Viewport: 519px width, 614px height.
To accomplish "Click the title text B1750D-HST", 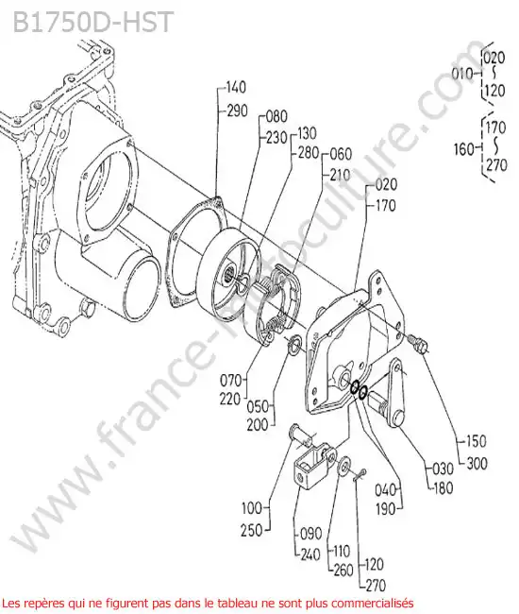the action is tap(92, 22).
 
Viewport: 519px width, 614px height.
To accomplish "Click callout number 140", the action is tap(236, 87).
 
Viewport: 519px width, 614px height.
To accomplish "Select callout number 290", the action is tap(237, 111).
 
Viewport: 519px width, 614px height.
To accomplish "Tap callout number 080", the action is tap(276, 117).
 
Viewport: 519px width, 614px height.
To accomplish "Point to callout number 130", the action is tap(307, 133).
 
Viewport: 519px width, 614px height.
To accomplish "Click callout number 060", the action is tap(341, 154).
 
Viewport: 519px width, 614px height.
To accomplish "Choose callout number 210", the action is tap(340, 175).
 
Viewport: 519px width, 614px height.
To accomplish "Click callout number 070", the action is tap(231, 380).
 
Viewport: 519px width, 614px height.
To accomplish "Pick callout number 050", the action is tap(258, 406).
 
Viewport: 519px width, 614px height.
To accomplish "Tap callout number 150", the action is tap(476, 441).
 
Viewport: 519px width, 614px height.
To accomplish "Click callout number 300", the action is tap(477, 464).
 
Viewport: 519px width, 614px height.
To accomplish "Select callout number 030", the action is tap(443, 469).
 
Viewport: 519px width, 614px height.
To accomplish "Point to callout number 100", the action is tap(252, 508).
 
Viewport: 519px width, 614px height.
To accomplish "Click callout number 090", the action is tap(311, 534).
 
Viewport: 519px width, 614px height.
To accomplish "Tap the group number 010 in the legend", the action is tap(462, 74).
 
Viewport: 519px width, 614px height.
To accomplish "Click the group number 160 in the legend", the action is tap(464, 149).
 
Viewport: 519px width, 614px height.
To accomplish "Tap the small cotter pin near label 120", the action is tap(360, 475).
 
